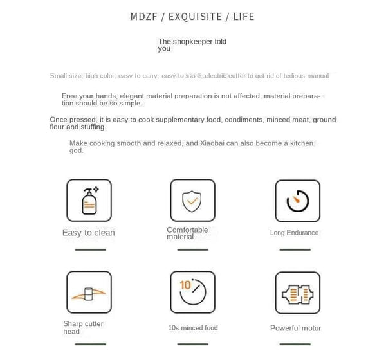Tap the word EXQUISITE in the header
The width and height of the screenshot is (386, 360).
(196, 17)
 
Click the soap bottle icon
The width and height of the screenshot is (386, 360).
(89, 201)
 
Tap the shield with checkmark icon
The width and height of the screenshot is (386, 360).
(192, 201)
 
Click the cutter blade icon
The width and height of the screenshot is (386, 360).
(89, 292)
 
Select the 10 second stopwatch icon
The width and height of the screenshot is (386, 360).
(192, 292)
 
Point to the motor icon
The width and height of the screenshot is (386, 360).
(297, 293)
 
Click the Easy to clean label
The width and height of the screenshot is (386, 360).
(89, 233)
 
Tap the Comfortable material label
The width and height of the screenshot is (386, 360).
(187, 233)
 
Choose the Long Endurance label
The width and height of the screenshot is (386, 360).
(295, 233)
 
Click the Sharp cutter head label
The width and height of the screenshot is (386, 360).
(83, 327)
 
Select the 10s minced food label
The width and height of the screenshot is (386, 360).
(193, 328)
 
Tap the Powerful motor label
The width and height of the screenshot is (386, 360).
(295, 328)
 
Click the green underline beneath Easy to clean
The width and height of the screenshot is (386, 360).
(89, 249)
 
